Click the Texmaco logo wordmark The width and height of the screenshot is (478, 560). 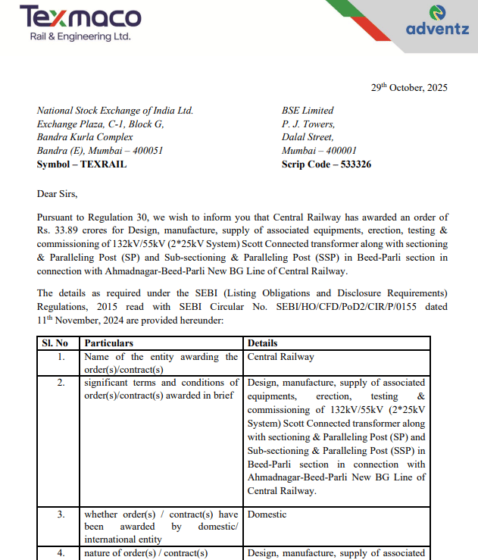coord(80,17)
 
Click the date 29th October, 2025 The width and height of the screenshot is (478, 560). coord(409,87)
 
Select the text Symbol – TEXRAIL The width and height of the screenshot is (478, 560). coord(82,164)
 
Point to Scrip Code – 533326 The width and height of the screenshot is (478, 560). coord(326,164)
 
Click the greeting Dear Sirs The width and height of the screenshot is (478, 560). coord(58,193)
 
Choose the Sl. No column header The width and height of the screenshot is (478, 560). coord(59,343)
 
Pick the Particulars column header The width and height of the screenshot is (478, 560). coord(108,343)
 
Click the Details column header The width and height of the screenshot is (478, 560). coord(263,343)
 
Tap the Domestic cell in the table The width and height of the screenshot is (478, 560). coord(267,515)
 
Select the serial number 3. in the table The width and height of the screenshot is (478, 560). coord(61,515)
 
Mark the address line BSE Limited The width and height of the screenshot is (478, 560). coord(308,111)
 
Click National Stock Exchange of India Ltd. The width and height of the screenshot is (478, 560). coord(115,111)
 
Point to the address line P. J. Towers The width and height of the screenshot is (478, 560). coord(308,124)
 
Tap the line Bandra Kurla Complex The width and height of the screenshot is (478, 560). coord(85,137)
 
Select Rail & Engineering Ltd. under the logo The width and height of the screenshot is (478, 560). coord(80,36)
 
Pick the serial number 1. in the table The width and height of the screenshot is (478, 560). coord(61,357)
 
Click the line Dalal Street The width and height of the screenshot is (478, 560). coord(308,137)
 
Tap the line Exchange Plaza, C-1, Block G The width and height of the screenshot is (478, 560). coord(100,124)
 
